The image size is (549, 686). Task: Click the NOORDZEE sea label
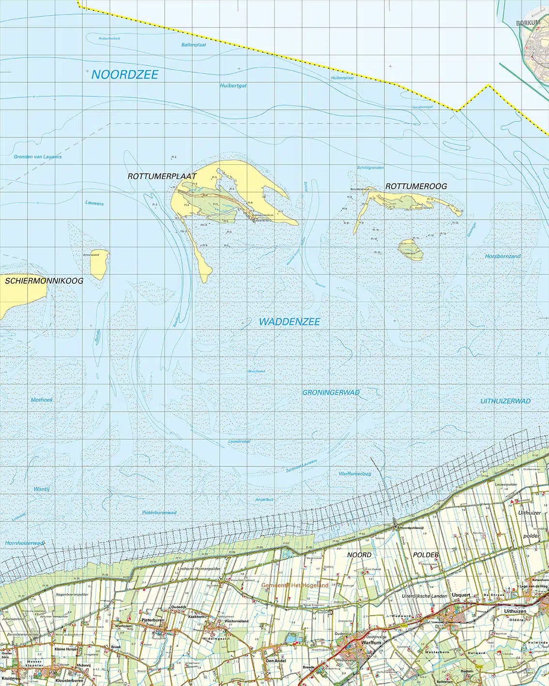coord(125,75)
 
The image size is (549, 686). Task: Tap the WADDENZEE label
coord(289,322)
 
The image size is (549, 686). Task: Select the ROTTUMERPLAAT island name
coord(162,177)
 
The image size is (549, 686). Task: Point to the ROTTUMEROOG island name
coord(416,186)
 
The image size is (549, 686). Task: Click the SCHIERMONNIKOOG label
coord(44,281)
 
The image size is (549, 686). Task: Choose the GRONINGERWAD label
coord(331,392)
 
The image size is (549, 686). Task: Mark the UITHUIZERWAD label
coord(505,401)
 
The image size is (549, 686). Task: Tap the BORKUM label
coord(528,23)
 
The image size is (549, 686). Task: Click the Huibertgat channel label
coord(233,86)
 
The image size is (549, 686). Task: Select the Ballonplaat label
coord(194,45)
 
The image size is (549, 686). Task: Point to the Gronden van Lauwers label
coord(38,157)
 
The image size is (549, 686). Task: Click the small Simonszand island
coord(99,265)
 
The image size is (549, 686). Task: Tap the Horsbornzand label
coord(503,256)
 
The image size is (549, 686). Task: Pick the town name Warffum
coord(371,642)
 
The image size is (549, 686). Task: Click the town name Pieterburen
coord(153,620)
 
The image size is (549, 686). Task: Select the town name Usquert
coord(461,595)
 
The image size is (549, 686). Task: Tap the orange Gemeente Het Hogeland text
coord(294,585)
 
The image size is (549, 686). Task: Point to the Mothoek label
coord(42,400)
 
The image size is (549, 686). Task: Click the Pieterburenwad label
coord(159,512)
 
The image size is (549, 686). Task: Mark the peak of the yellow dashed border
coord(488,86)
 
